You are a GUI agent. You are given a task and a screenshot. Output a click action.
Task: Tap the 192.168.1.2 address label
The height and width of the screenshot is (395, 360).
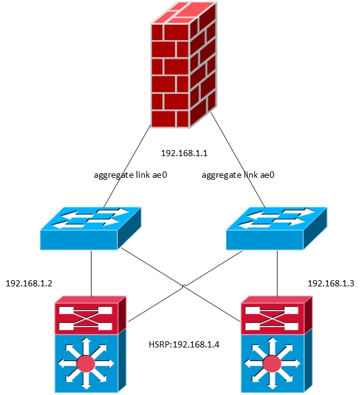pyautogui.click(x=29, y=283)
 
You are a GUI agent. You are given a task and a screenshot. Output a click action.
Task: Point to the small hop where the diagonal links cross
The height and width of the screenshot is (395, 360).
pyautogui.click(x=183, y=285)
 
